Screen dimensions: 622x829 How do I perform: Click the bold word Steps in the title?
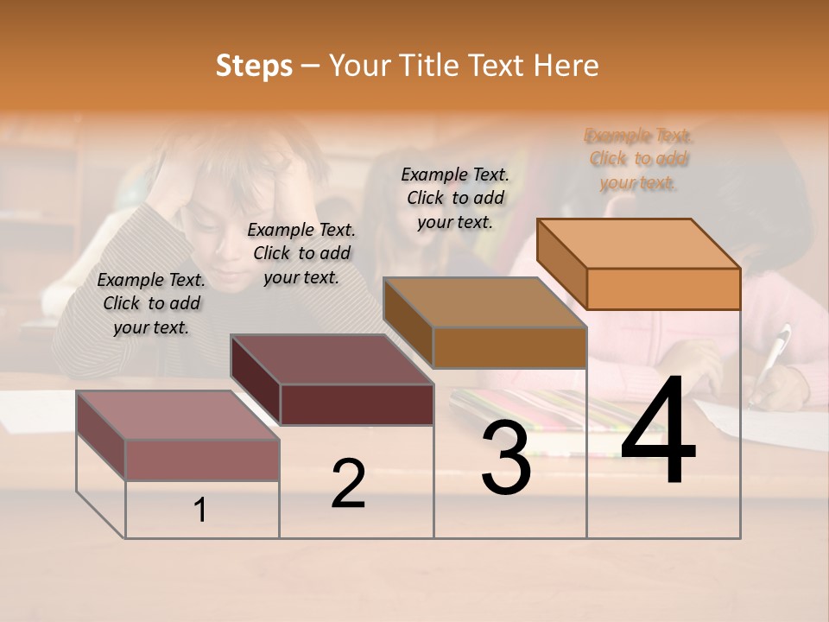(254, 66)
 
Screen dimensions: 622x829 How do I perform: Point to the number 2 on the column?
(348, 484)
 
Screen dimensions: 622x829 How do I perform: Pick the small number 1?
(200, 510)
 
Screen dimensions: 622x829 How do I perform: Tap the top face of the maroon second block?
(332, 359)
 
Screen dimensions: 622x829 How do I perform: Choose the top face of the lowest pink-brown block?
(178, 415)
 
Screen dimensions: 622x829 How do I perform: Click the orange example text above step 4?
(639, 159)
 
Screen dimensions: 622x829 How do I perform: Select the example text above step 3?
(455, 198)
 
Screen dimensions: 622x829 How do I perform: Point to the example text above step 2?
(301, 253)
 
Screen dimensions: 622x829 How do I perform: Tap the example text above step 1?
(151, 303)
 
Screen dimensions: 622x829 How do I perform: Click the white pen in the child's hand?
(774, 354)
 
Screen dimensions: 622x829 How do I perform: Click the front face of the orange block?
(663, 289)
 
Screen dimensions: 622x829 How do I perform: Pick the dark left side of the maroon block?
(256, 380)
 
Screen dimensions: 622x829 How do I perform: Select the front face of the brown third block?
(509, 347)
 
